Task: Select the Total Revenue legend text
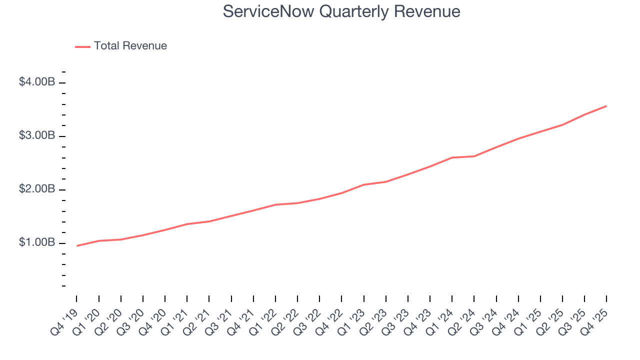click(130, 46)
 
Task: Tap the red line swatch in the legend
click(82, 46)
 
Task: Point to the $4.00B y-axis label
click(37, 82)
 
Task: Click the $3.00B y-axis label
click(37, 136)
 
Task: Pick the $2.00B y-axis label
click(37, 189)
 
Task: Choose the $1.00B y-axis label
click(37, 243)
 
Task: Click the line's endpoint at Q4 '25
click(606, 106)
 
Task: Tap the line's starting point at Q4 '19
click(77, 245)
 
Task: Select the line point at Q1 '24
click(452, 157)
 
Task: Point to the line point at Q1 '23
click(364, 184)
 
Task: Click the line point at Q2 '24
click(474, 156)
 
